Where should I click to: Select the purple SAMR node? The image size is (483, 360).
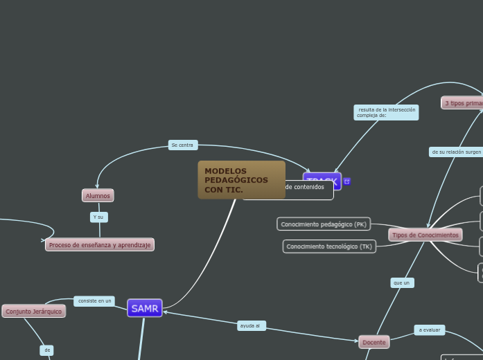(145, 309)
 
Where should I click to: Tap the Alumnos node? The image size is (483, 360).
(98, 196)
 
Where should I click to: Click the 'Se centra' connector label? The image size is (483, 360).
(182, 145)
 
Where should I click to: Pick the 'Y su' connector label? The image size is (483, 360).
(98, 217)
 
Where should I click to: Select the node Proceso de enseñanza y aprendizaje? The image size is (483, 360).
(100, 245)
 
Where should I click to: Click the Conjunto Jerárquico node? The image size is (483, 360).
(33, 312)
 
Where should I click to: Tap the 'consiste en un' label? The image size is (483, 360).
(94, 301)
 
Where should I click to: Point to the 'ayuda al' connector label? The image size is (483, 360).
(250, 325)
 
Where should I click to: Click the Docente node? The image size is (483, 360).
(374, 342)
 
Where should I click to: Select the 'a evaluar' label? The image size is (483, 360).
(430, 330)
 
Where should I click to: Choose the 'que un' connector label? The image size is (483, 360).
(401, 282)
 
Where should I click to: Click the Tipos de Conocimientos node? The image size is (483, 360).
(425, 235)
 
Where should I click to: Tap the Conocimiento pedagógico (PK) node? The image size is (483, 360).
(324, 224)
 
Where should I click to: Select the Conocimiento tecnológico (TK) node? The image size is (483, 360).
(329, 246)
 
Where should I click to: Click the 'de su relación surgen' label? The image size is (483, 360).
(456, 152)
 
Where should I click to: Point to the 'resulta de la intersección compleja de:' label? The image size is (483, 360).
(387, 112)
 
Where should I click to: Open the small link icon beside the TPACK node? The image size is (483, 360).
(347, 181)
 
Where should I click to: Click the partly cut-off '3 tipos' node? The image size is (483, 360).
(463, 103)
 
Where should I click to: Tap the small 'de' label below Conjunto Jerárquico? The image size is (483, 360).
(47, 350)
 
